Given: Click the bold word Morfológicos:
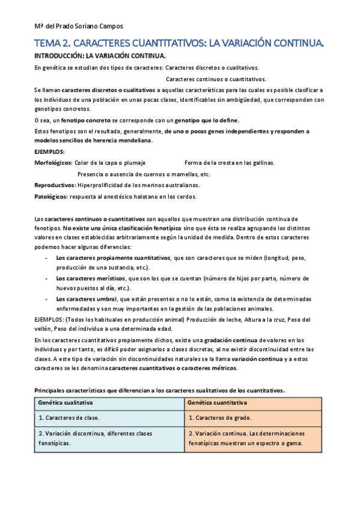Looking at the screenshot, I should [x=53, y=163].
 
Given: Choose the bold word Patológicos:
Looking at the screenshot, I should [x=51, y=196].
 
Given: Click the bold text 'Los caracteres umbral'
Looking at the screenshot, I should [x=84, y=299].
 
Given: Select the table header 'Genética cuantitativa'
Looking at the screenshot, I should [x=218, y=402].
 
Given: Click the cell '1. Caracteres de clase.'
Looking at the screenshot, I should [x=69, y=417].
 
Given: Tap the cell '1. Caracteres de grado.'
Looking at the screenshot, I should [x=219, y=417].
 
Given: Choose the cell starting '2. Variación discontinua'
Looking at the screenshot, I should [x=95, y=438].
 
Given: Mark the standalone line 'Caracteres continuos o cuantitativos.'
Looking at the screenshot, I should [x=216, y=79].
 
